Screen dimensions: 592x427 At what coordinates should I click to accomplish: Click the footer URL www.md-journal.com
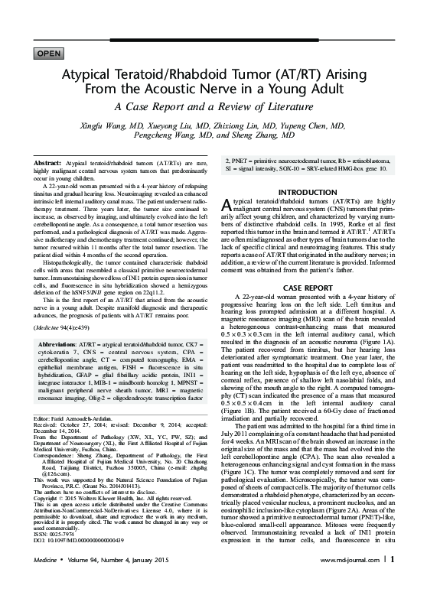coord(353,579)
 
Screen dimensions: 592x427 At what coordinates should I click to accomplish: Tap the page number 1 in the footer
coord(393,578)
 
